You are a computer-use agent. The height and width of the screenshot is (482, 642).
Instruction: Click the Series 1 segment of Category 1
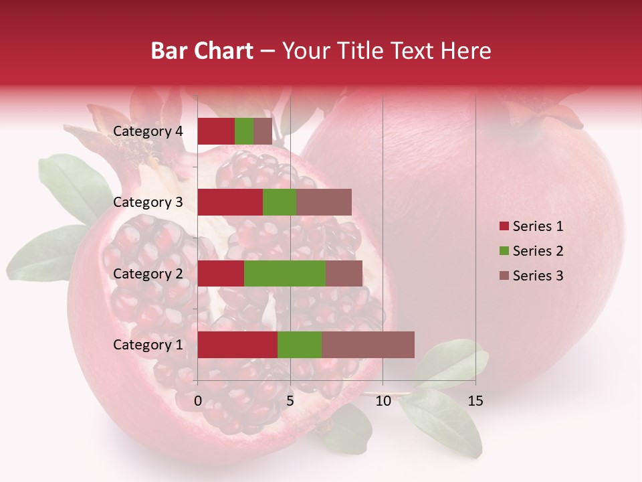point(237,345)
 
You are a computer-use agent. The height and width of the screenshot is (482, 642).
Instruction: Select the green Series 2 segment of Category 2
point(285,273)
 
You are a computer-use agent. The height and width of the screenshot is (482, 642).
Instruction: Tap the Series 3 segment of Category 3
point(324,202)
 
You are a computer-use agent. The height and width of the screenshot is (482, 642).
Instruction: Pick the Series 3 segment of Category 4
point(263,131)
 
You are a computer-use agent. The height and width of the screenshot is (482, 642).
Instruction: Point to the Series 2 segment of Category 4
point(244,131)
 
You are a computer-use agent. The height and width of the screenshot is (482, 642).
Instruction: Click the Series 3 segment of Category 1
point(368,345)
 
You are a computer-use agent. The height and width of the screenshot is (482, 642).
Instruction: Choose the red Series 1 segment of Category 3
point(230,202)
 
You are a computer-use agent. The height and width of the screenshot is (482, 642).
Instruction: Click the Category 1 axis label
point(148,345)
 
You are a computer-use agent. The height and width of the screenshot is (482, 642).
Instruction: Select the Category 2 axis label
point(148,273)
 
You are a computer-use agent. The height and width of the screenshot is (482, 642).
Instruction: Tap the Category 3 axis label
point(148,202)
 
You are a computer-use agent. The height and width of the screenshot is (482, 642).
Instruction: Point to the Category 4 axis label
point(148,131)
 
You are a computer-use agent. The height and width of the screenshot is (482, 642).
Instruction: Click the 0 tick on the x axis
point(198,401)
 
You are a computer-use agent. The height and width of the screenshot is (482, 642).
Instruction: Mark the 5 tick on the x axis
point(290,401)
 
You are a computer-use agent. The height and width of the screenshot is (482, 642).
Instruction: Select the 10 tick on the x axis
point(383,401)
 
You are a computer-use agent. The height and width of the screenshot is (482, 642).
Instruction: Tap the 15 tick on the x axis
point(475,401)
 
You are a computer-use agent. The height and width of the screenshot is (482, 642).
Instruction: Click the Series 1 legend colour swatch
point(504,226)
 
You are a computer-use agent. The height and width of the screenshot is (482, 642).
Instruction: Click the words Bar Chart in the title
point(202,51)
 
